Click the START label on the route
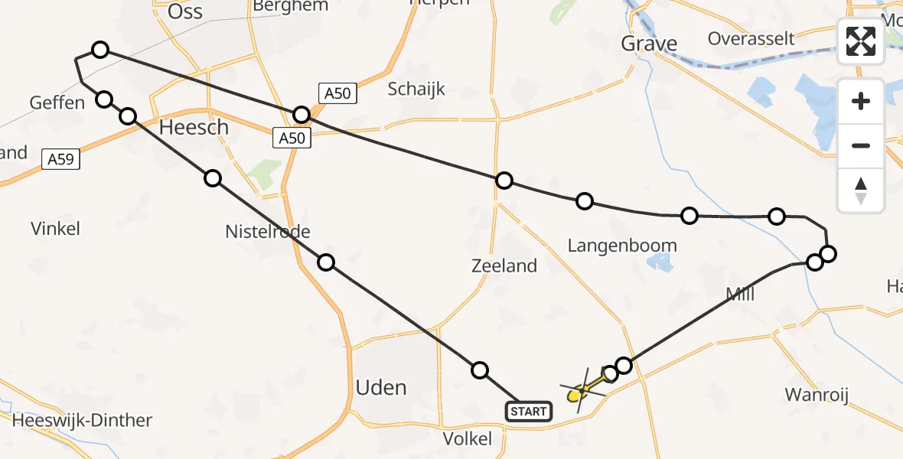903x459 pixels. click(x=528, y=412)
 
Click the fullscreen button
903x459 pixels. click(x=861, y=41)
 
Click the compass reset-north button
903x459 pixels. click(x=861, y=190)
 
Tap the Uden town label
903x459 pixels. click(x=381, y=387)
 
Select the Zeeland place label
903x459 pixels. click(x=504, y=266)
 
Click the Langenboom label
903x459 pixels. click(x=622, y=246)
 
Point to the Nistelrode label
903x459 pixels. click(x=268, y=230)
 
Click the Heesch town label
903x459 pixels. click(x=194, y=127)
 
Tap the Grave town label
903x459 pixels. click(x=649, y=44)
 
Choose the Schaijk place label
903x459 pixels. click(x=416, y=89)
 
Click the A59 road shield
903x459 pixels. click(x=60, y=159)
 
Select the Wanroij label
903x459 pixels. click(x=817, y=395)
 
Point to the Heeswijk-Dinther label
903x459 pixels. click(x=82, y=420)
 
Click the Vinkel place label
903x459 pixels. click(x=55, y=228)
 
